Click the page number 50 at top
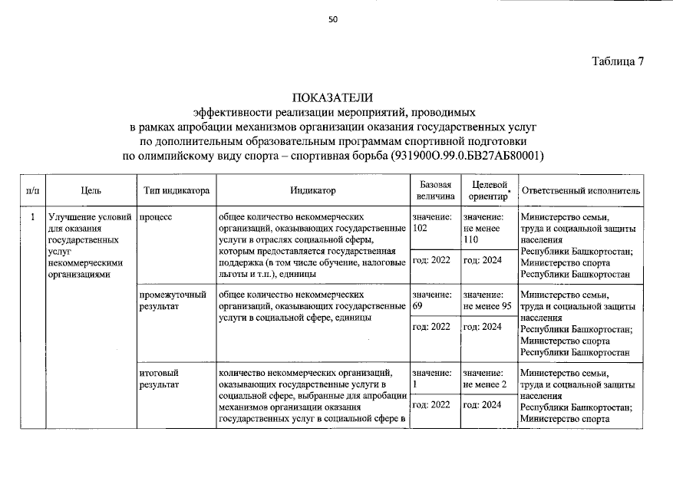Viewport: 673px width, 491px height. point(333,19)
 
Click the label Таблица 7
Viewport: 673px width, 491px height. point(617,62)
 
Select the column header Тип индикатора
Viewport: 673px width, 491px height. point(176,190)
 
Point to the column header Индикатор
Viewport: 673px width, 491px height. point(312,190)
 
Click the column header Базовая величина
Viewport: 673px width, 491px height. point(434,190)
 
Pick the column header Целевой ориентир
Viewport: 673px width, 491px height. point(487,190)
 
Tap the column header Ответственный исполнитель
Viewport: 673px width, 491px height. point(580,190)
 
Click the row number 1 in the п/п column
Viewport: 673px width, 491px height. point(32,217)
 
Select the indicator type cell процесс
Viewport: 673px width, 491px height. point(156,217)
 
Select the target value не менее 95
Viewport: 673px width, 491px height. point(487,306)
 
